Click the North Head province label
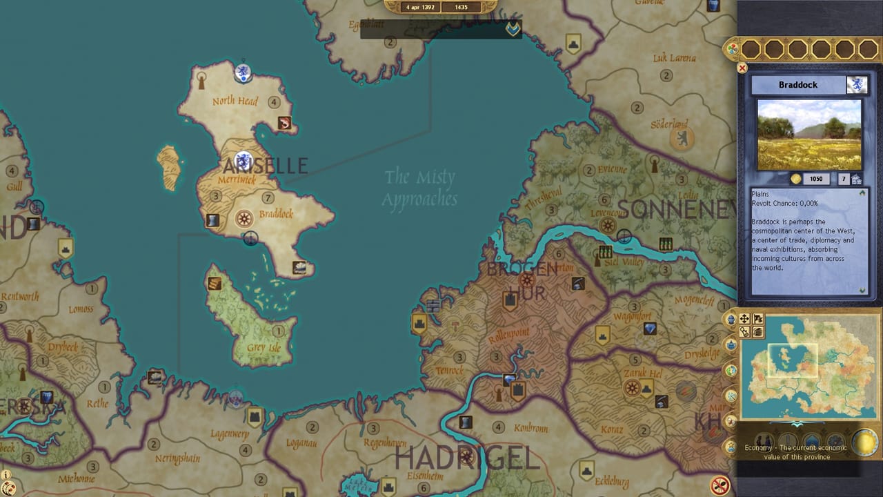pyautogui.click(x=235, y=101)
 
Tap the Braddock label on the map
pyautogui.click(x=276, y=214)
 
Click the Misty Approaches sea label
pyautogui.click(x=419, y=188)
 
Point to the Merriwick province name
pyautogui.click(x=237, y=179)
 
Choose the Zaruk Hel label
pyautogui.click(x=642, y=373)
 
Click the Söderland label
pyautogui.click(x=669, y=125)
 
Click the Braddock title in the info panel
pyautogui.click(x=798, y=85)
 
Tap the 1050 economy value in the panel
pyautogui.click(x=816, y=179)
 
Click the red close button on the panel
pyautogui.click(x=742, y=68)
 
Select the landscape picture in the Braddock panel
pyautogui.click(x=809, y=135)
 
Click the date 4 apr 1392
pyautogui.click(x=421, y=7)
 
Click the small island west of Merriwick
pyautogui.click(x=169, y=167)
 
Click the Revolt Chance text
pyautogui.click(x=785, y=203)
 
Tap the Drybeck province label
pyautogui.click(x=63, y=347)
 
